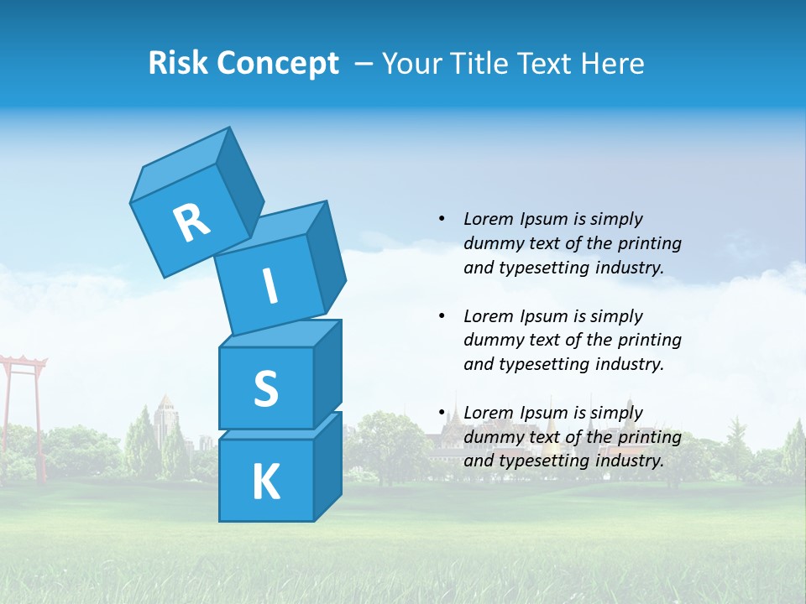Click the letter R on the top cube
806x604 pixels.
(x=192, y=223)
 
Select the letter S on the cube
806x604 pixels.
(x=265, y=388)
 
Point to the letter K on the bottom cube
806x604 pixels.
(x=266, y=482)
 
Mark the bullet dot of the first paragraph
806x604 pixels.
(x=442, y=219)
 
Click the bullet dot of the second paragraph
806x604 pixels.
(x=442, y=316)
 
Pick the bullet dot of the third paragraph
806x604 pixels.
(x=442, y=413)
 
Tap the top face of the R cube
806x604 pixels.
(x=181, y=164)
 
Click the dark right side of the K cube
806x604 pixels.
(x=327, y=466)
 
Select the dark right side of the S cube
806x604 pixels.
(x=327, y=373)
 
